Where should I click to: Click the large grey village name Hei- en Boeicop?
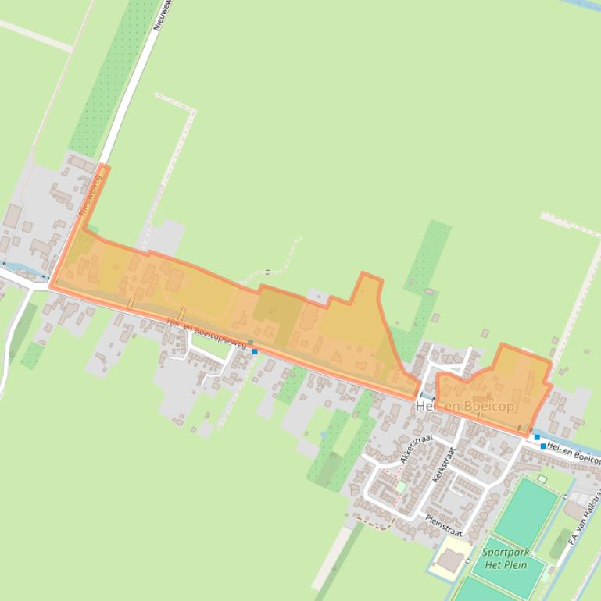(465, 407)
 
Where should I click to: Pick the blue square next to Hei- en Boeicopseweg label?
(255, 351)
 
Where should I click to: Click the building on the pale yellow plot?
(449, 560)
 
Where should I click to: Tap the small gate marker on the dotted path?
(267, 272)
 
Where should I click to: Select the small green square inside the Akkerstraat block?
(401, 486)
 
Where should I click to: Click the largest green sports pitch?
(526, 512)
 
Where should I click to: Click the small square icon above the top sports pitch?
(542, 478)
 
